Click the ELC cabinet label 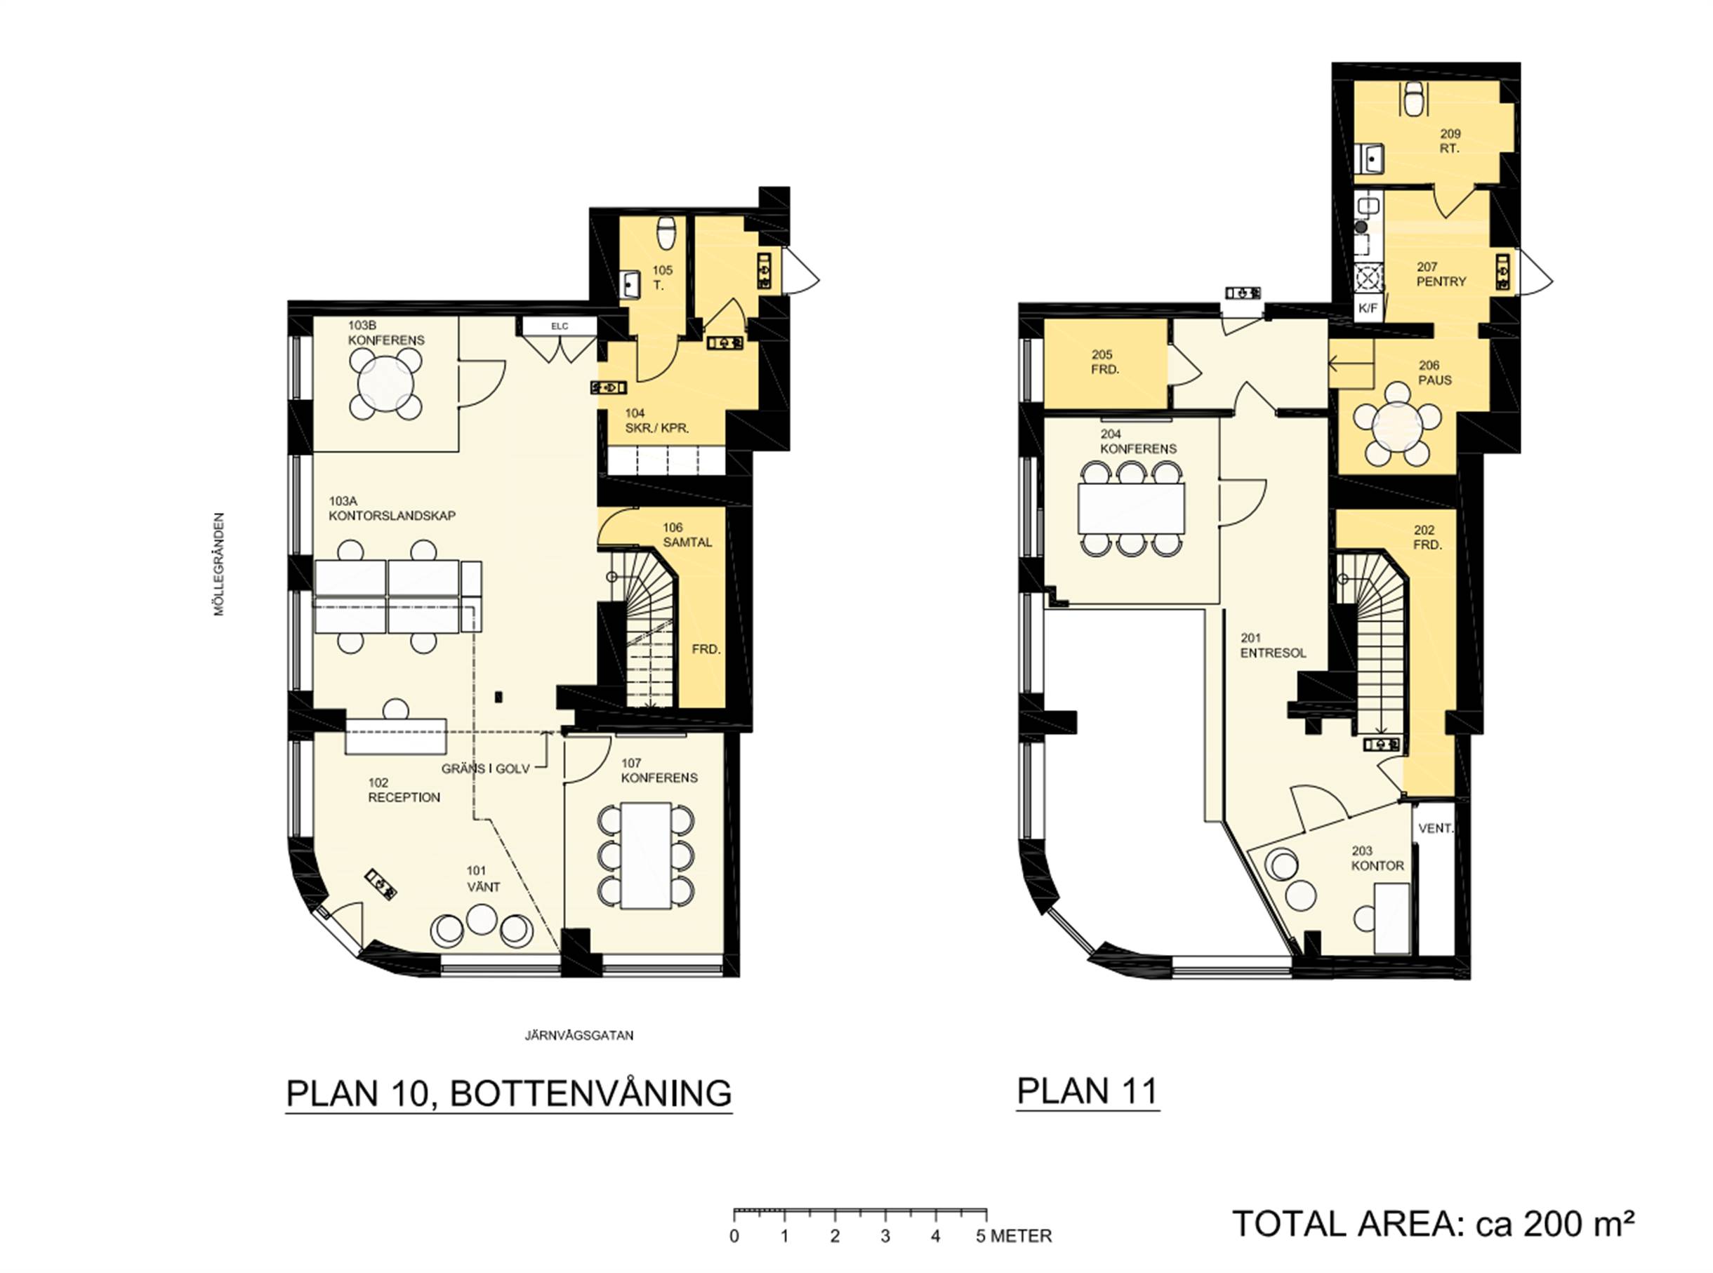pyautogui.click(x=559, y=326)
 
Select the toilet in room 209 pyautogui.click(x=1413, y=99)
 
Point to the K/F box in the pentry pyautogui.click(x=1368, y=308)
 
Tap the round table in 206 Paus pyautogui.click(x=1398, y=425)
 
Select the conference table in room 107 pyautogui.click(x=646, y=855)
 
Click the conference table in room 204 pyautogui.click(x=1130, y=507)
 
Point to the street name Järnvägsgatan pyautogui.click(x=579, y=1035)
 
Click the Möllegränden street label pyautogui.click(x=219, y=564)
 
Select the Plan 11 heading pyautogui.click(x=1087, y=1091)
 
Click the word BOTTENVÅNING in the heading pyautogui.click(x=590, y=1093)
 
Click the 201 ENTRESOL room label pyautogui.click(x=1273, y=646)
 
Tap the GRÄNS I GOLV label pyautogui.click(x=486, y=768)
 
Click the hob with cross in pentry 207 pyautogui.click(x=1368, y=276)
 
